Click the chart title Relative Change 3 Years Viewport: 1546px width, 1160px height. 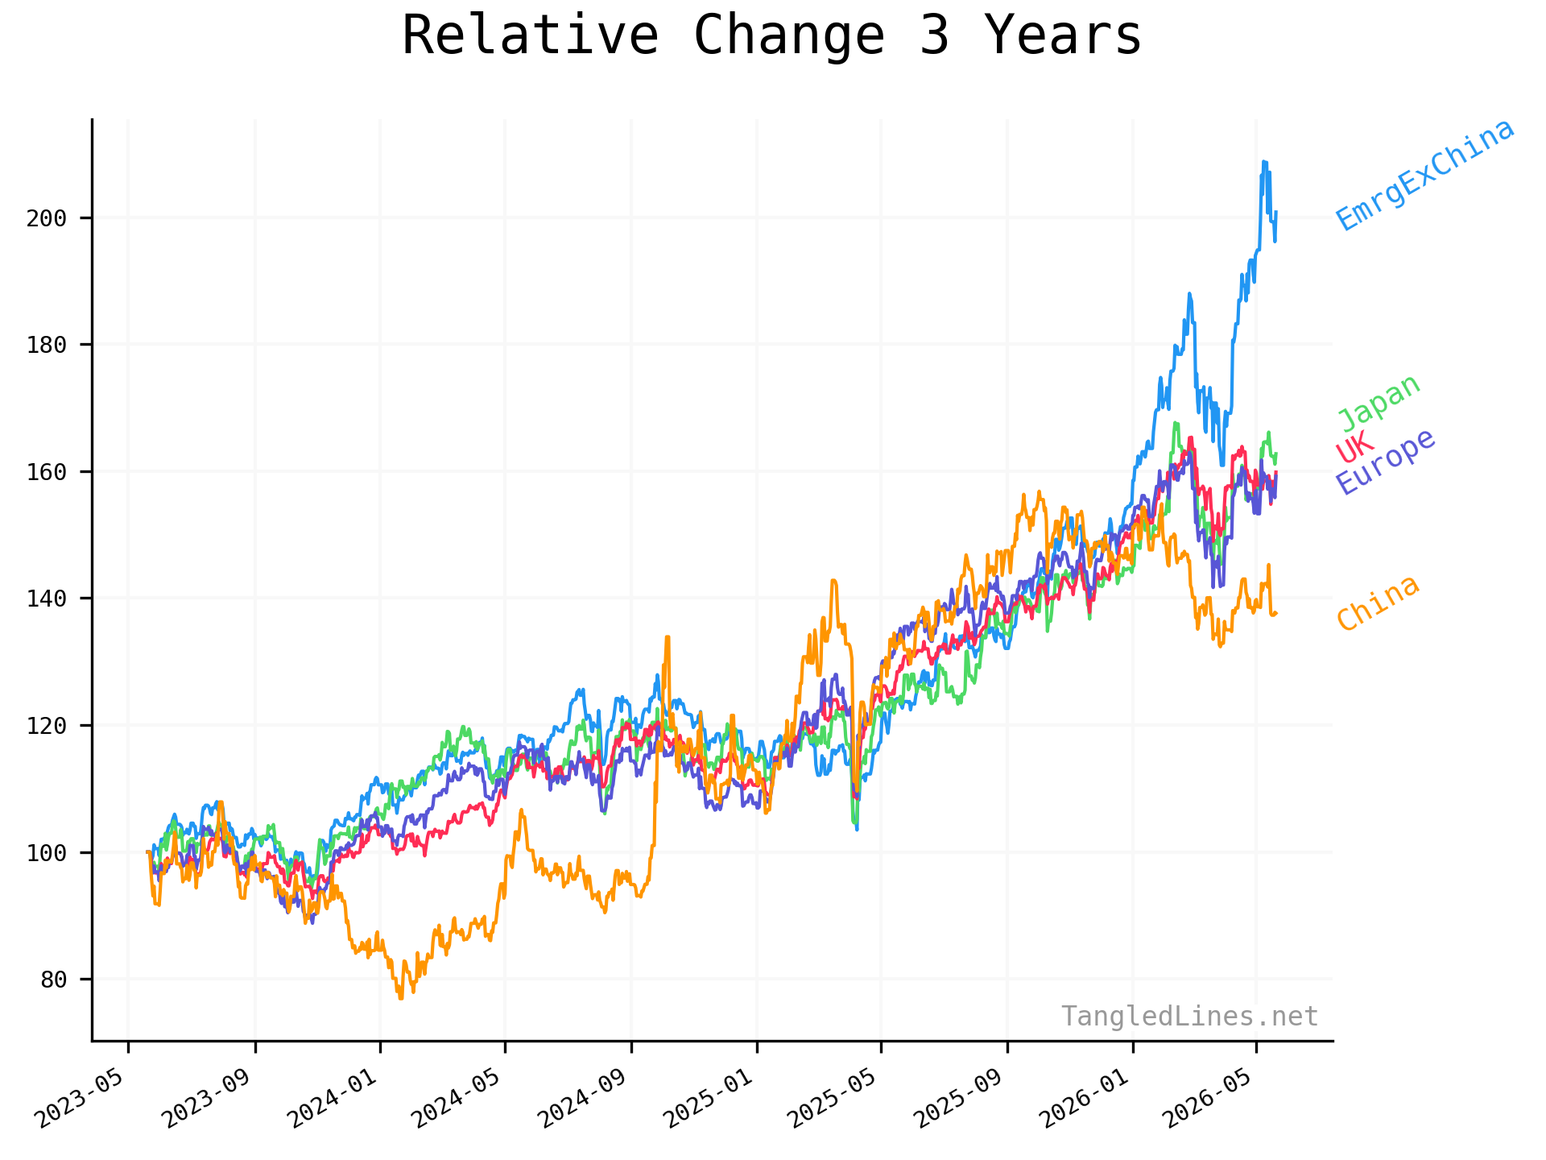pos(771,35)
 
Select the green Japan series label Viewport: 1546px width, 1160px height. pos(1379,403)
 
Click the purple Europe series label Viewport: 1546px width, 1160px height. pos(1386,462)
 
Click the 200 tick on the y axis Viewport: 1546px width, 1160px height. pos(47,218)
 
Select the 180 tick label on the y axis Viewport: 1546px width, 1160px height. pos(47,345)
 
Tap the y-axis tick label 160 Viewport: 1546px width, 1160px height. pos(47,472)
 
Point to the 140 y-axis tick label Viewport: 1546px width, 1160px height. pos(47,599)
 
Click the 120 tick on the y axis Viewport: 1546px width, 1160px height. pos(47,726)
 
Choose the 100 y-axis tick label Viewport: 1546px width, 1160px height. pos(47,852)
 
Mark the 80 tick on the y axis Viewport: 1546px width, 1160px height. pos(53,980)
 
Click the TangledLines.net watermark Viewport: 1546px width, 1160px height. pos(1189,1017)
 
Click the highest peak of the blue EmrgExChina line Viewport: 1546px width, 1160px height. pos(1263,161)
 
